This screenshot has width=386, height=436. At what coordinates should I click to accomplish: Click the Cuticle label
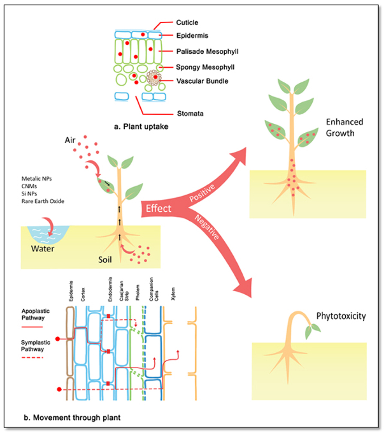tap(187, 22)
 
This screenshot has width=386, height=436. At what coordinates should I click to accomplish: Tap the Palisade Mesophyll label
tap(207, 52)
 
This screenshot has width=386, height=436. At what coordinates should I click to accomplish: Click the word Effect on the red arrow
tap(158, 209)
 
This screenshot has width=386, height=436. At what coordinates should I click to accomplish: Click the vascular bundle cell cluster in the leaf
tap(153, 78)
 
